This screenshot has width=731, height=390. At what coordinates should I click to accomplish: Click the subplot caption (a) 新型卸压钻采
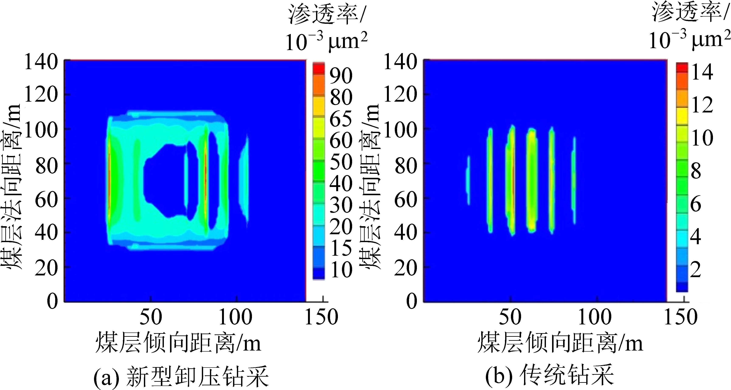(x=181, y=376)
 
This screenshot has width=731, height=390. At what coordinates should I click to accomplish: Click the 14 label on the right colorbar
(x=702, y=72)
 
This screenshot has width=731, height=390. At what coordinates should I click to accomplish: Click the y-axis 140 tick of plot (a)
(x=41, y=62)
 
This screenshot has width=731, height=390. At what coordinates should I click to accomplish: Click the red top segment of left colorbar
(x=319, y=68)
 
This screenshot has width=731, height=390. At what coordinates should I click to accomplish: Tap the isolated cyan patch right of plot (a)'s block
(x=244, y=180)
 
